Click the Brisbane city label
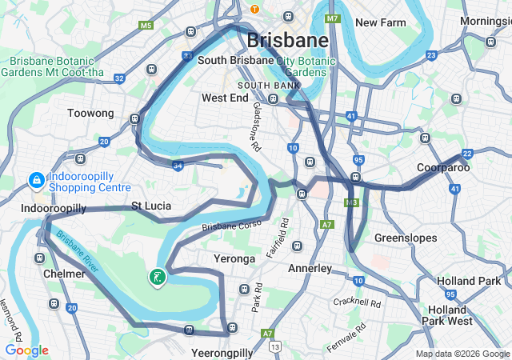click(287, 40)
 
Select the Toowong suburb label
click(90, 114)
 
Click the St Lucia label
click(151, 206)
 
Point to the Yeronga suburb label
click(234, 258)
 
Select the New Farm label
click(382, 22)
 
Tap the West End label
click(225, 98)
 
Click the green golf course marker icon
click(157, 278)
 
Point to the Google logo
click(26, 350)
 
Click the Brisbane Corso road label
click(231, 226)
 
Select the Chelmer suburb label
click(64, 274)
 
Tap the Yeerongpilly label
click(222, 352)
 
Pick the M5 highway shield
click(146, 26)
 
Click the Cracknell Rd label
click(358, 302)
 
